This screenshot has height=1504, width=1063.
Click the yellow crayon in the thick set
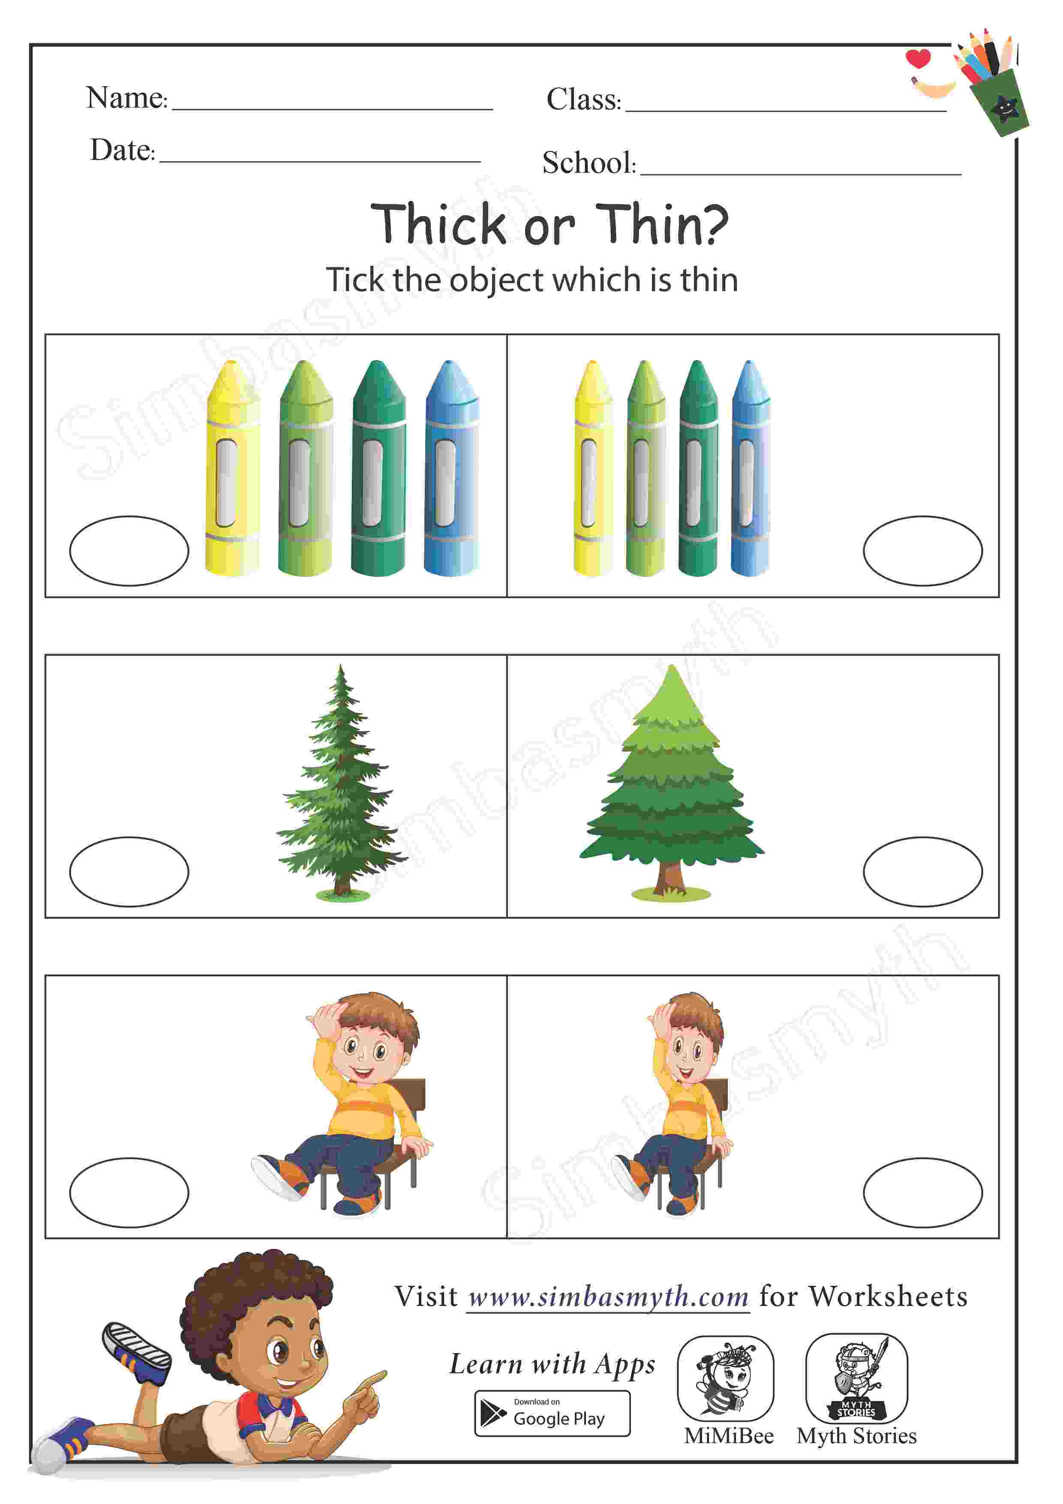232,468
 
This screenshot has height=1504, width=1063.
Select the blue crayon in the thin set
751,468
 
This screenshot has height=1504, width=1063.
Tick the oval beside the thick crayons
129,551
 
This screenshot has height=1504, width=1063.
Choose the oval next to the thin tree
129,872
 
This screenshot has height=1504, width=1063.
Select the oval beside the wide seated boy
129,1193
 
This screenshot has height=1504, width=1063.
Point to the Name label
127,98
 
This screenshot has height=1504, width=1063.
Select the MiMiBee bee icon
726,1378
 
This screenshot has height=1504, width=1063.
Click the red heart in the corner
918,58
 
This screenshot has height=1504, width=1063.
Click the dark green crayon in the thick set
378,468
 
